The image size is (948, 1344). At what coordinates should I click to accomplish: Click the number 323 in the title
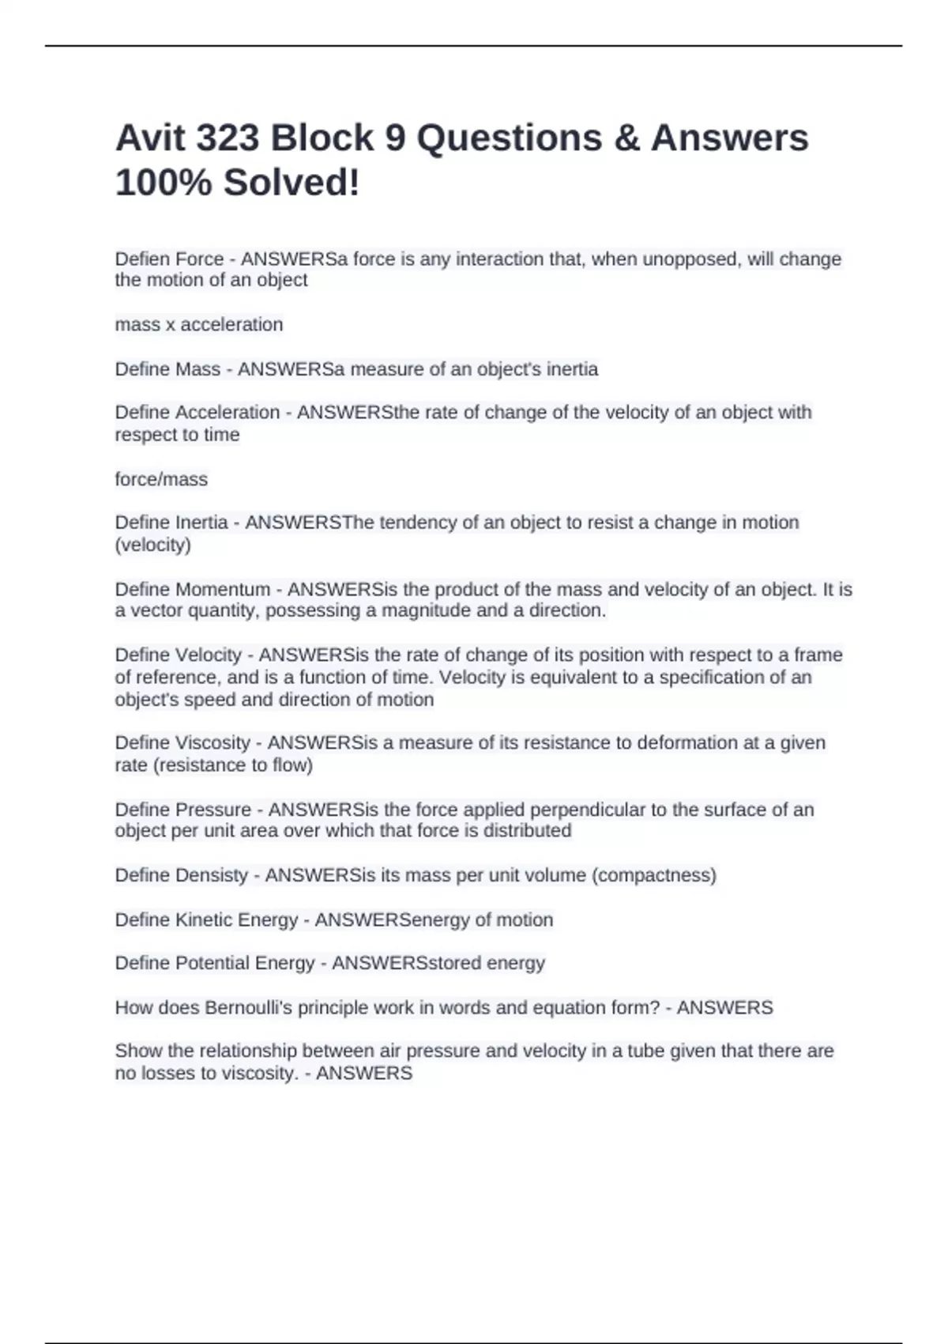pos(227,138)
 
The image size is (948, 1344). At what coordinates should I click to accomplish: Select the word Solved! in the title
pos(292,183)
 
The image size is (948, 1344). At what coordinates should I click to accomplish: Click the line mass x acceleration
pos(199,325)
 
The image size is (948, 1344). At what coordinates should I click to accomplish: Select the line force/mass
pos(161,479)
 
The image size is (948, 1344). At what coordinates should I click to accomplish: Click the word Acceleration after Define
pos(228,413)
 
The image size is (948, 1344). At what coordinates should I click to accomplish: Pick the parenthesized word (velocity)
pos(153,545)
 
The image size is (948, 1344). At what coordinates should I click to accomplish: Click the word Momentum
pos(223,590)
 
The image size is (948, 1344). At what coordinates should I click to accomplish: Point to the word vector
pos(156,610)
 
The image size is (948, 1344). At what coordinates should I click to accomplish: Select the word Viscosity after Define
pos(213,743)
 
